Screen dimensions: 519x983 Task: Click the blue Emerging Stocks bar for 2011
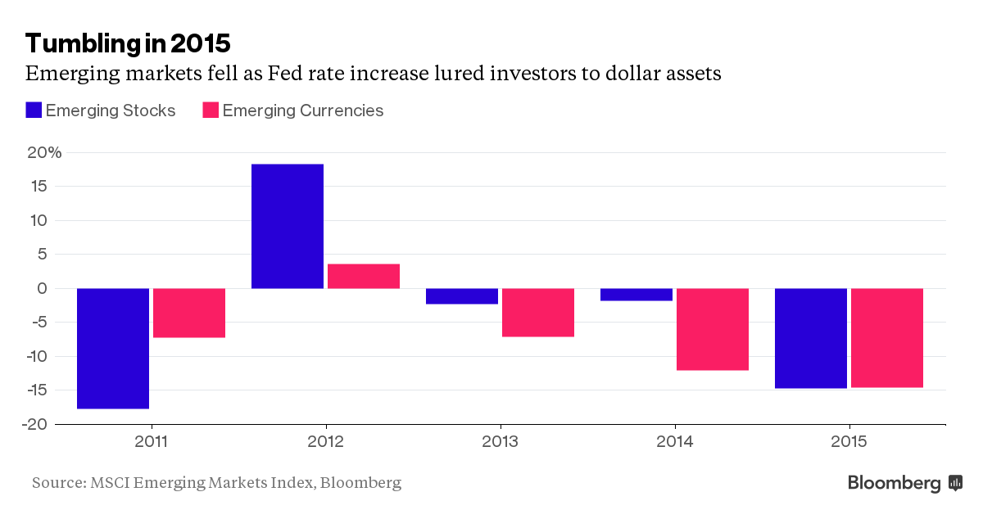(x=113, y=348)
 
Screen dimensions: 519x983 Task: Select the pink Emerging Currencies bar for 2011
(x=189, y=313)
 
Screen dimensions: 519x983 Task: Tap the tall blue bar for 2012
(x=288, y=226)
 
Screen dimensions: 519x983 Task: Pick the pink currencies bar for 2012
(x=364, y=276)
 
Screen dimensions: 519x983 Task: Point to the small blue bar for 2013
(x=462, y=296)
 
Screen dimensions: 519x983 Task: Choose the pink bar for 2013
(x=538, y=312)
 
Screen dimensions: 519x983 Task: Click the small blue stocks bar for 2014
(x=636, y=295)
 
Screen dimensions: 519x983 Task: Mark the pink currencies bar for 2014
(x=713, y=329)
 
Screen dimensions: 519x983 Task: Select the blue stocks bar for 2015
(x=811, y=338)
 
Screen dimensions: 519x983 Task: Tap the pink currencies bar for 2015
(x=887, y=337)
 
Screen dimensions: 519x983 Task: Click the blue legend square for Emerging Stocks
(x=34, y=111)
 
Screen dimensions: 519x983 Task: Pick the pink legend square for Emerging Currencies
(x=211, y=111)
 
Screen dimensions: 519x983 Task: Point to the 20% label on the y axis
(x=44, y=152)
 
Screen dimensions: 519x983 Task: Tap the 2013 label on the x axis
(x=501, y=442)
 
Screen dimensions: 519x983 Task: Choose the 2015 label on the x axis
(x=849, y=442)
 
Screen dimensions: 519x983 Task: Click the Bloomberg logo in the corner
(x=904, y=483)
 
